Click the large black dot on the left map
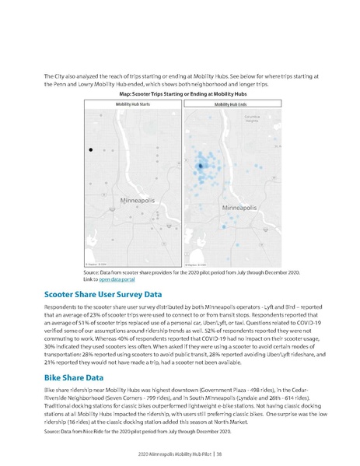91,149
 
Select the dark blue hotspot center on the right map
200,166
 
